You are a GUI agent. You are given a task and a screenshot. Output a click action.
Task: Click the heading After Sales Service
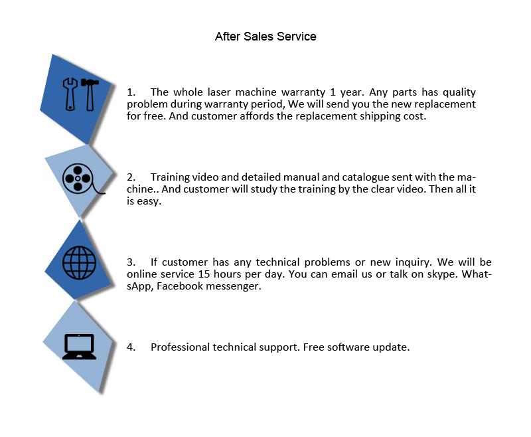coord(265,37)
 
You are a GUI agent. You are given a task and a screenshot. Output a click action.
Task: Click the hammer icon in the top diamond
coord(90,94)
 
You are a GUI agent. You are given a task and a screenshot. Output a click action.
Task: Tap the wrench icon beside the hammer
coord(70,94)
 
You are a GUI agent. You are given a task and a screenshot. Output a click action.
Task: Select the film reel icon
coord(78,178)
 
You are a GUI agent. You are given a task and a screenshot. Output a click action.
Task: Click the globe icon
coord(79,261)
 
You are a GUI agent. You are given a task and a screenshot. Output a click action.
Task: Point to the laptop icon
coord(79,346)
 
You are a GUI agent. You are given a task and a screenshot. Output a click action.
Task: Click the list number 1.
coord(131,92)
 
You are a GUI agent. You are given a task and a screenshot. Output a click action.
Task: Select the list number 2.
coord(131,177)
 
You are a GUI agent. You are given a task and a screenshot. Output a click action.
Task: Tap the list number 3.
coord(131,262)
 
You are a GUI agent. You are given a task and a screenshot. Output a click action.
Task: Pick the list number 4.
coord(131,347)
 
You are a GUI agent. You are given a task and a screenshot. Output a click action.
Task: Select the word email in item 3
coord(380,274)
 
